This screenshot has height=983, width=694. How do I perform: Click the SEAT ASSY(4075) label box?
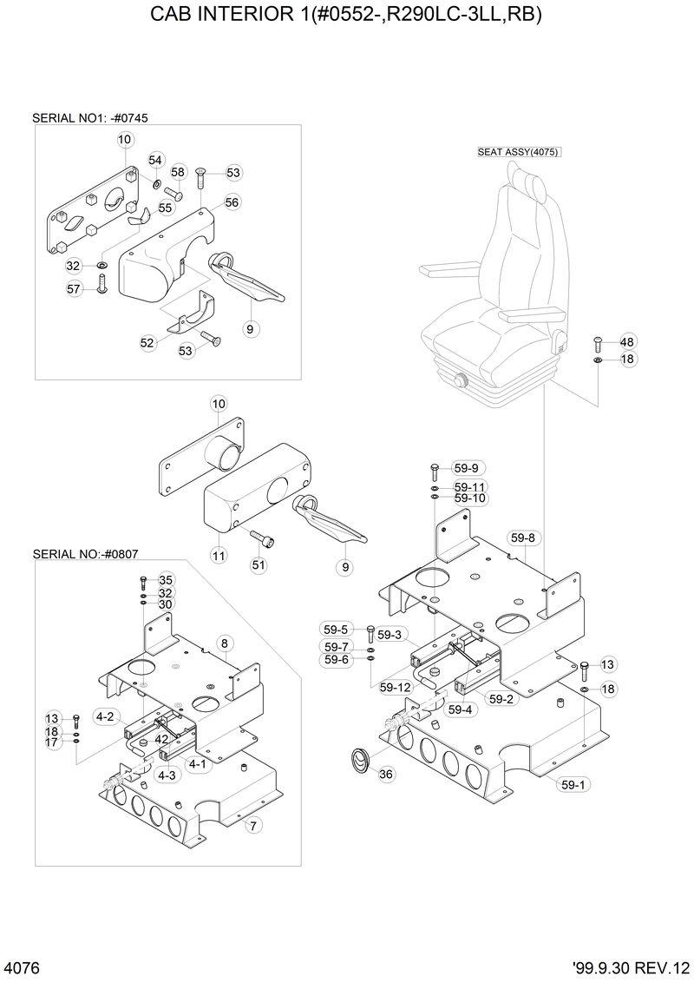(x=519, y=151)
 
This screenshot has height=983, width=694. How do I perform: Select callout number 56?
(x=232, y=201)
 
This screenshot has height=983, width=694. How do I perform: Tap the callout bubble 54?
(x=155, y=160)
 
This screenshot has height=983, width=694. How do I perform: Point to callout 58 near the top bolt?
(x=178, y=172)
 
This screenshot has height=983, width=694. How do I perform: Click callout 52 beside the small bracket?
(x=147, y=343)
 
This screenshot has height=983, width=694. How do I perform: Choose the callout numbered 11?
(x=218, y=554)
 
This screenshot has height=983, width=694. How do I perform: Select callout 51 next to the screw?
(x=259, y=565)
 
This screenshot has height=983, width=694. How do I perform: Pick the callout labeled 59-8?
(x=522, y=538)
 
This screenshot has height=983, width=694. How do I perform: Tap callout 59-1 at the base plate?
(x=573, y=784)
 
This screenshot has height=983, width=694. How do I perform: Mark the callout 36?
(x=387, y=774)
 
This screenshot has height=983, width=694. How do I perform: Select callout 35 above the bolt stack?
(x=165, y=580)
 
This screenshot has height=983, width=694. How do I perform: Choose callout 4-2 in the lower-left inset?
(x=106, y=716)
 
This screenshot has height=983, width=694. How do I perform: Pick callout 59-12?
(x=395, y=688)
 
